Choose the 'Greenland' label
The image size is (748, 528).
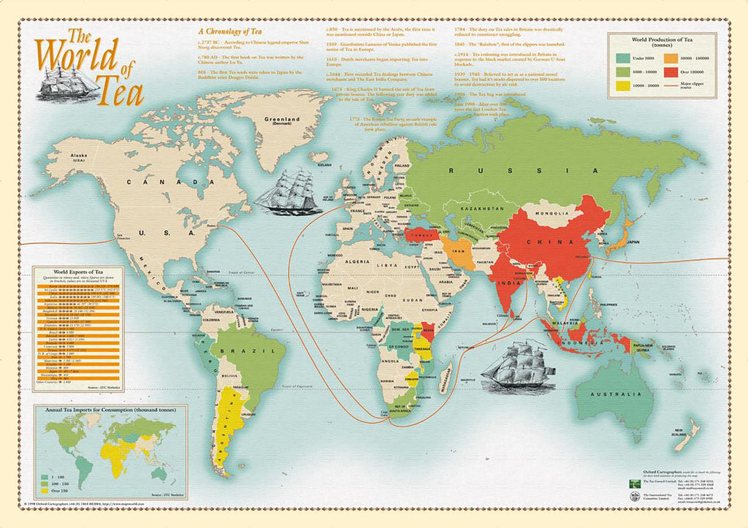click(x=283, y=120)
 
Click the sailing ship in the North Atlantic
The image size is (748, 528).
click(x=288, y=191)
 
